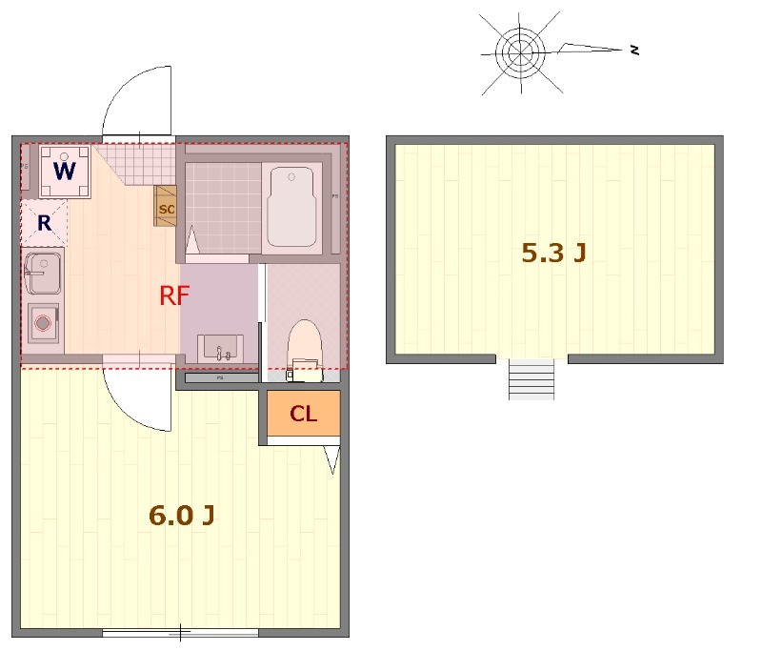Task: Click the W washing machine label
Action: [65, 172]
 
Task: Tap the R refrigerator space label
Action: [44, 224]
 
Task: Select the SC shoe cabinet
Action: [167, 208]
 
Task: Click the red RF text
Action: [174, 295]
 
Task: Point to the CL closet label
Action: [303, 414]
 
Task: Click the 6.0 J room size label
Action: [181, 516]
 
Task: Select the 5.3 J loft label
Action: [553, 253]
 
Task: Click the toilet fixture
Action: [305, 345]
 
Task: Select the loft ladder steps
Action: [531, 378]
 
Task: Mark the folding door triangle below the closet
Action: [331, 460]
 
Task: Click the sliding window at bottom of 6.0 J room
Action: [181, 632]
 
